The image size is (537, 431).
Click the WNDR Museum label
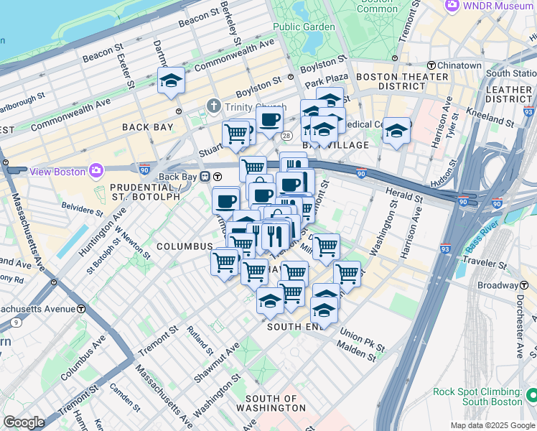pos(495,5)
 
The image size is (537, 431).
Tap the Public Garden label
pos(304,27)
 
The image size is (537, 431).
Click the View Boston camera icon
pos(95,170)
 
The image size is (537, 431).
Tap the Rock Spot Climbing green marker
pos(531,396)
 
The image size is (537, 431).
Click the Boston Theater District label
pos(391,81)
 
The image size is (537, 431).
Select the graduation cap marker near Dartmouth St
pos(172,81)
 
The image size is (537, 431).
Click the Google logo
pos(24,422)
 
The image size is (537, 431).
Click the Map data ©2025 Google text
pos(492,425)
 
